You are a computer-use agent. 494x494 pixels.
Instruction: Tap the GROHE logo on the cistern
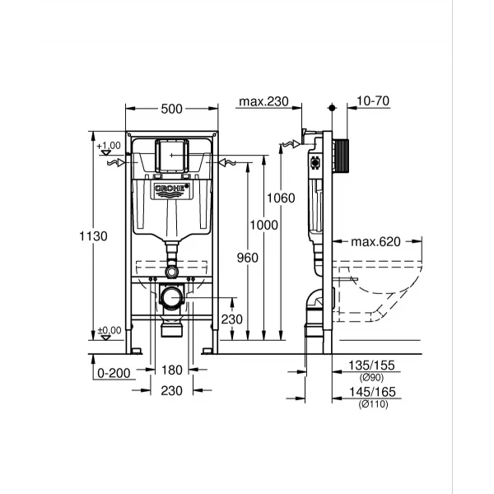(171, 191)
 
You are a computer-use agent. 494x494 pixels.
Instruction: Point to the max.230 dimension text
(263, 102)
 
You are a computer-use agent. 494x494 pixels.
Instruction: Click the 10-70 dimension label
(374, 102)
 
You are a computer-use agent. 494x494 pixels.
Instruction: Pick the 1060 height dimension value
(281, 198)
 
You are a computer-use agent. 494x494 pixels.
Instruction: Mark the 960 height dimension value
(247, 258)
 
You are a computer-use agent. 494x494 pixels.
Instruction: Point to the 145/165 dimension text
(375, 394)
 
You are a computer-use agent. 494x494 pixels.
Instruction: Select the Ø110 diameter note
(374, 405)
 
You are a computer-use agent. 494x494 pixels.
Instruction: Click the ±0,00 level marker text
(109, 330)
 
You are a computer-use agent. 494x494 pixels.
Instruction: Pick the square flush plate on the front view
(172, 155)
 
